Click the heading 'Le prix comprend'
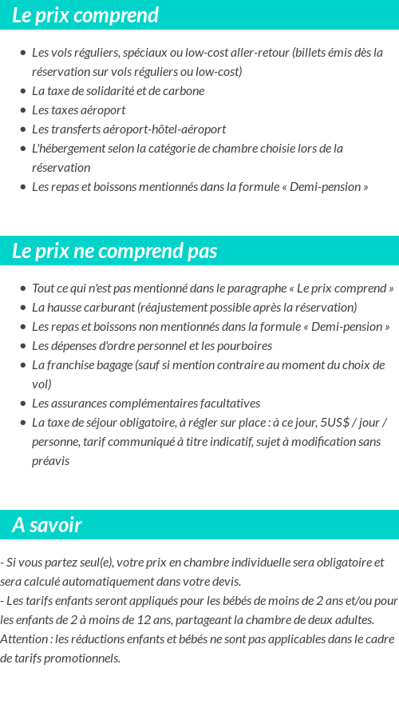coord(85,15)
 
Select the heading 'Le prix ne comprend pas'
coord(114,251)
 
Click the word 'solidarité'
coord(128,90)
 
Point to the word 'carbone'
coord(184,90)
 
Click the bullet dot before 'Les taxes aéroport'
coord(22,110)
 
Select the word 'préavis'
coord(50,461)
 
